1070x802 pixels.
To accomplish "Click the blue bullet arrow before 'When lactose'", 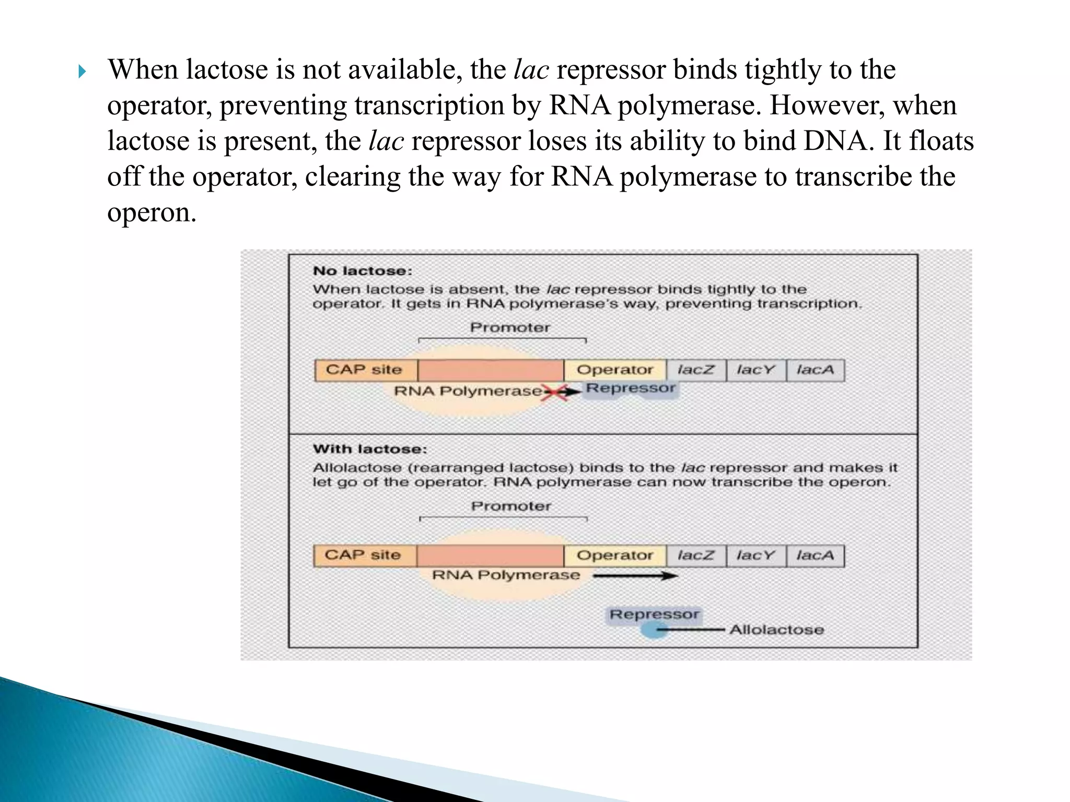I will pos(82,72).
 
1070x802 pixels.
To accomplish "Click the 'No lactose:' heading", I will pos(362,271).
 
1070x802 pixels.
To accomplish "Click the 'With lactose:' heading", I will pos(369,449).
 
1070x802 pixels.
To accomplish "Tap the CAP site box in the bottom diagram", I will pos(364,555).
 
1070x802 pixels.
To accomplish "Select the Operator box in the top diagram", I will pos(614,370).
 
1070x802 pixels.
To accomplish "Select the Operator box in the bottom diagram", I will pos(614,556).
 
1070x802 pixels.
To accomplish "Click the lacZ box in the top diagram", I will pos(695,370).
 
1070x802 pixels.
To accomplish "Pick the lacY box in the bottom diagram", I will pos(755,556).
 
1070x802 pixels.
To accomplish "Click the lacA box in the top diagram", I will pos(815,370).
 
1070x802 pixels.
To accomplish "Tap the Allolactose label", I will pos(776,630).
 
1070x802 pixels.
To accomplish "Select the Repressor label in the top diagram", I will pos(631,388).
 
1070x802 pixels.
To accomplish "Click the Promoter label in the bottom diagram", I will pos(511,506).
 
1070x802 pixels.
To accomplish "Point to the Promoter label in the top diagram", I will pos(510,327).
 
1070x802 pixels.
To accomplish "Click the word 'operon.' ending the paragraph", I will pos(152,213).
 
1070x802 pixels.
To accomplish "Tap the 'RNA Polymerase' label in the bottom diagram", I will pos(506,575).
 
